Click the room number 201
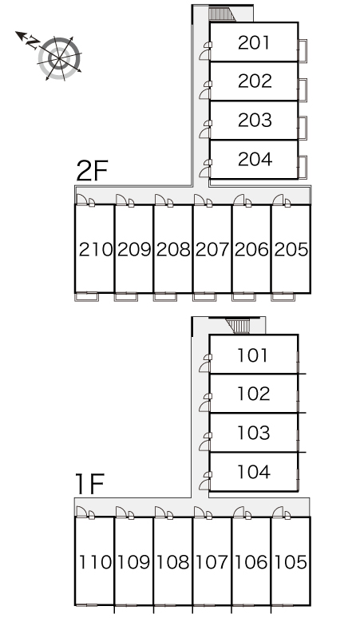coord(254,42)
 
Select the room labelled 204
coord(255,159)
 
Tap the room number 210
coord(96,249)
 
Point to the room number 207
coord(212,249)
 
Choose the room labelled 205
coord(291,249)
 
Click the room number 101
coord(253,355)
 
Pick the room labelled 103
coord(254,433)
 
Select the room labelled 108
coord(173,562)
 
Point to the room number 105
coord(291,562)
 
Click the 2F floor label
coord(92,171)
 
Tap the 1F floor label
coord(89,484)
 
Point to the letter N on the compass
coord(33,42)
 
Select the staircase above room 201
coord(221,14)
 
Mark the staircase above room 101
coord(239,327)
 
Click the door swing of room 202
coord(205,93)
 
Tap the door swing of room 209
coord(121,200)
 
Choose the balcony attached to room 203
coord(303,128)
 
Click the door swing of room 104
coord(205,485)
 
